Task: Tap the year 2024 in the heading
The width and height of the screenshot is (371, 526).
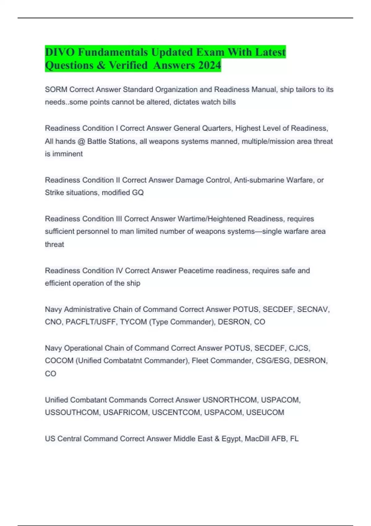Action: click(210, 65)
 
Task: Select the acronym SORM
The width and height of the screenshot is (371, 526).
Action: click(56, 89)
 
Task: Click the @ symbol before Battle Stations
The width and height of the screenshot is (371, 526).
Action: click(81, 141)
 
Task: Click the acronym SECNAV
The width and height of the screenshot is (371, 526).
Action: click(313, 309)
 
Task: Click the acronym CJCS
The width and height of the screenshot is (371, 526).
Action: click(299, 348)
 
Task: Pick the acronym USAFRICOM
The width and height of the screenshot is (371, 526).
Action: click(125, 412)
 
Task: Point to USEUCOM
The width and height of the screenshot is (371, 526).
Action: click(265, 412)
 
